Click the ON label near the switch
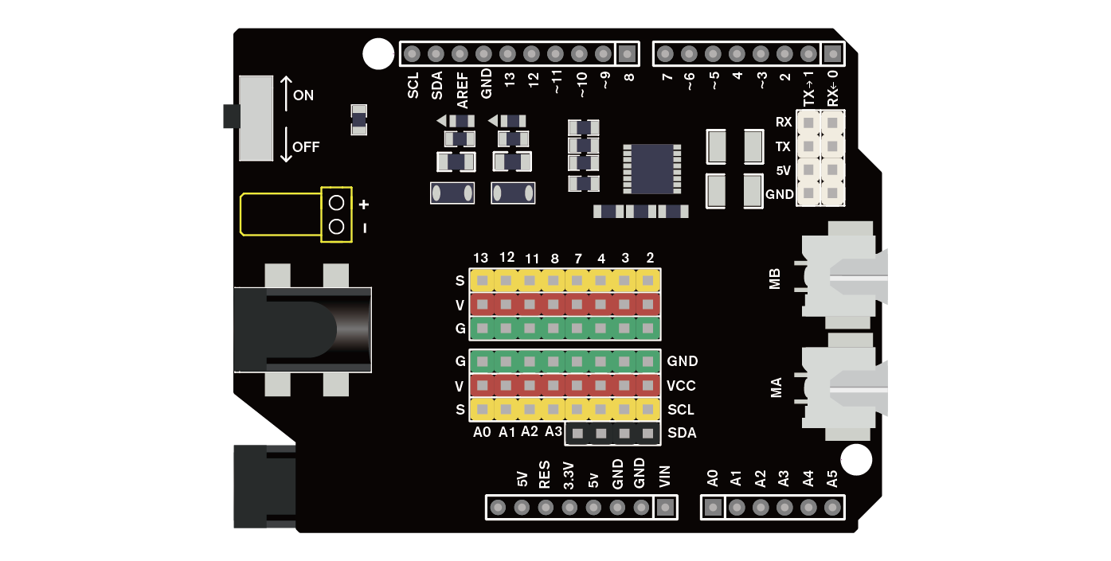tap(303, 95)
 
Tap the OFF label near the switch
tap(306, 147)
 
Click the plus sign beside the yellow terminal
tap(364, 205)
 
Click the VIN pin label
tap(666, 476)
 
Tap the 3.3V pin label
tap(569, 475)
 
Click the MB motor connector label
tap(775, 279)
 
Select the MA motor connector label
tap(775, 388)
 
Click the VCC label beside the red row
tap(682, 386)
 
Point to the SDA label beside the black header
tap(682, 434)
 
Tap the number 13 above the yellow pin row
tap(480, 258)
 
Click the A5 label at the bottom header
tap(832, 479)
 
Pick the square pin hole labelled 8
tap(628, 54)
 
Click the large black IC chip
tap(651, 169)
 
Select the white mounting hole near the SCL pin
tap(378, 54)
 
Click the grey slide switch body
tap(256, 118)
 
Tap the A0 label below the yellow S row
tap(482, 432)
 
